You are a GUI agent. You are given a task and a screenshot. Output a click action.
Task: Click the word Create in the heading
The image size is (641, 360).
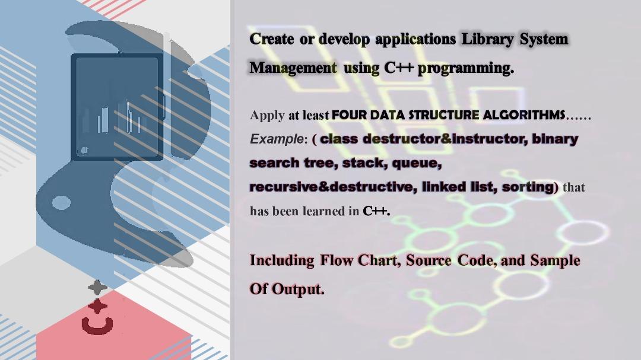[271, 39]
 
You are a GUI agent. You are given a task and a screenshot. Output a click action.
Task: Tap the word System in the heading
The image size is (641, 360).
[544, 39]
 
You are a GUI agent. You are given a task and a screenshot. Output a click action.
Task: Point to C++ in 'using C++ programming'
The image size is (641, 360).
[398, 68]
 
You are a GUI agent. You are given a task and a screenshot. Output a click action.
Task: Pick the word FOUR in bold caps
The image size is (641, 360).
[348, 115]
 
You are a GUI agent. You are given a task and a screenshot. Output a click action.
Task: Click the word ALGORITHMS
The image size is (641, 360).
[524, 115]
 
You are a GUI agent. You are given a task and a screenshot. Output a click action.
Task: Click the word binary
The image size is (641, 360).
[555, 139]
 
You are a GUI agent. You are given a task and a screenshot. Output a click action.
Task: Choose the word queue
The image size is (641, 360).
[416, 163]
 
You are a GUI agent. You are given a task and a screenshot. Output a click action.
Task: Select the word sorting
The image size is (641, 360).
[528, 187]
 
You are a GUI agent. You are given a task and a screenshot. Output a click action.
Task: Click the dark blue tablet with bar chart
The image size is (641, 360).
[117, 107]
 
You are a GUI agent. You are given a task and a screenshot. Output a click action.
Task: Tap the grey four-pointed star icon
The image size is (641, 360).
[97, 288]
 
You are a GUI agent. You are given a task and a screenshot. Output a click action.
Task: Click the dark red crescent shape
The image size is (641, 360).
[97, 326]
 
